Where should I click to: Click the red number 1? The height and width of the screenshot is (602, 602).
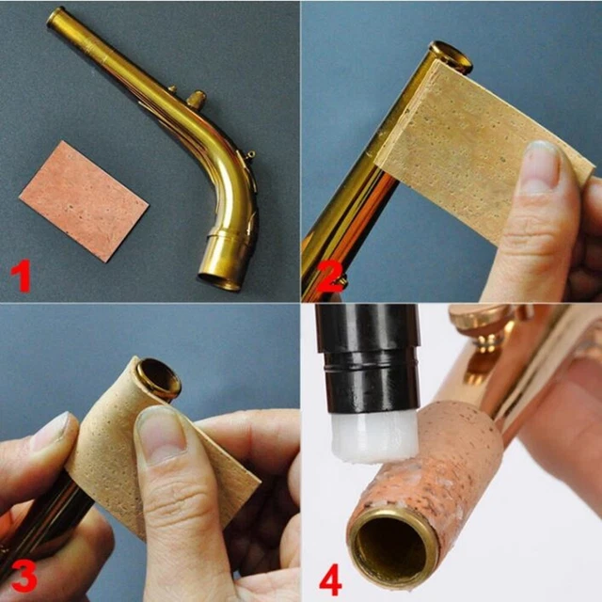[x=21, y=276]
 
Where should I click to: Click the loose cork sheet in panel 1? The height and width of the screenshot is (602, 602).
[x=84, y=200]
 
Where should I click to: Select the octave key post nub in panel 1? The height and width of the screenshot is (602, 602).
[x=197, y=99]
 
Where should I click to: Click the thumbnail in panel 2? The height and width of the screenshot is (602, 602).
[x=541, y=166]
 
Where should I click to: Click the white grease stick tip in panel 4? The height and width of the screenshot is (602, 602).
[x=373, y=436]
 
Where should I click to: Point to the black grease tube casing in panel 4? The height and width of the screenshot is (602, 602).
[x=368, y=357]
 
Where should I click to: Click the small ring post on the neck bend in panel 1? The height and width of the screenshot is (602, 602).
[x=250, y=154]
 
